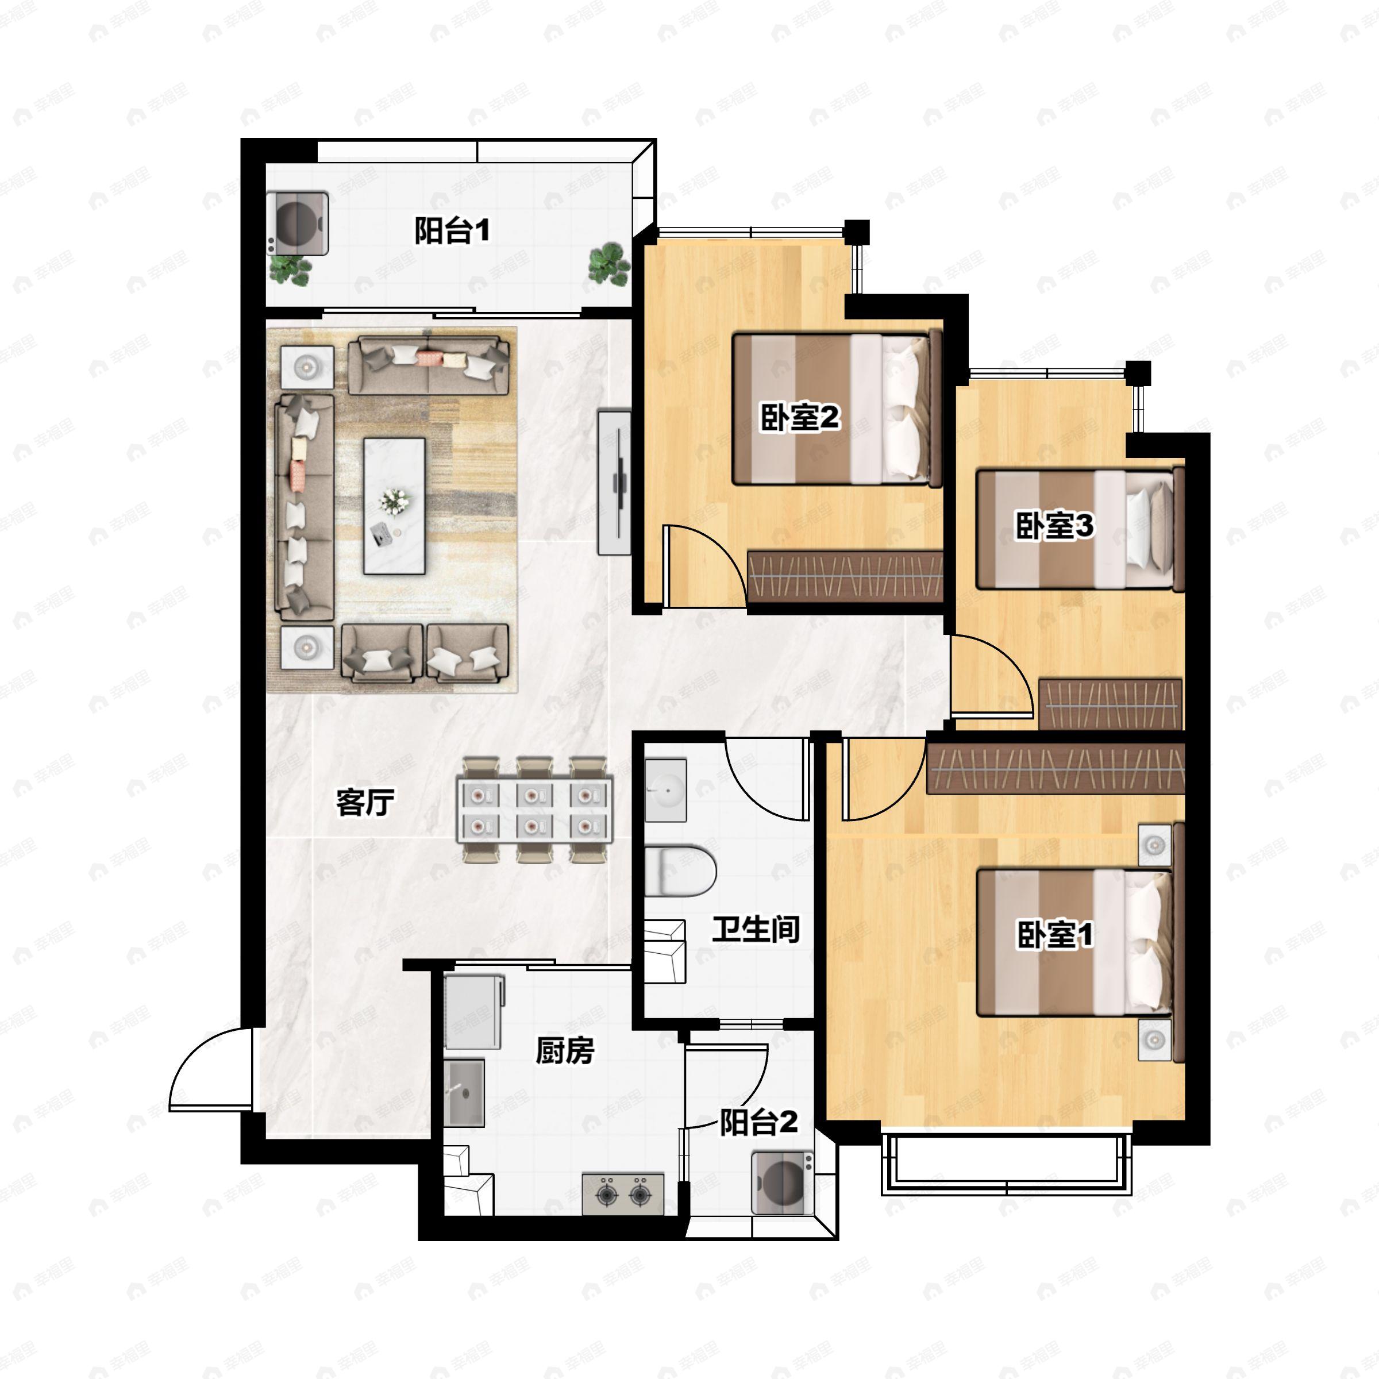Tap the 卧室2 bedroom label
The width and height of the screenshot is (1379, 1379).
point(799,418)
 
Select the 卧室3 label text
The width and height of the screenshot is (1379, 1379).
point(1054,526)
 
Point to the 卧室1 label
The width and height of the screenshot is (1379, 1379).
point(1054,934)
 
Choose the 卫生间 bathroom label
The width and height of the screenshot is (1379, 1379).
point(756,929)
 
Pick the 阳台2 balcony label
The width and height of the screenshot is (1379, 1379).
point(758,1122)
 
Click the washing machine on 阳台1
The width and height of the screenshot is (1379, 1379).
point(298,223)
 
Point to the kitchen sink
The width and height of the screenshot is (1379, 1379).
point(464,1093)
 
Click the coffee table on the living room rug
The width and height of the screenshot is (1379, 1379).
point(394,506)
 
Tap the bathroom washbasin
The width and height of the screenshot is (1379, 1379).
point(666,790)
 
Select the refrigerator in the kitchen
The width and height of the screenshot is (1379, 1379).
point(473,1012)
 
